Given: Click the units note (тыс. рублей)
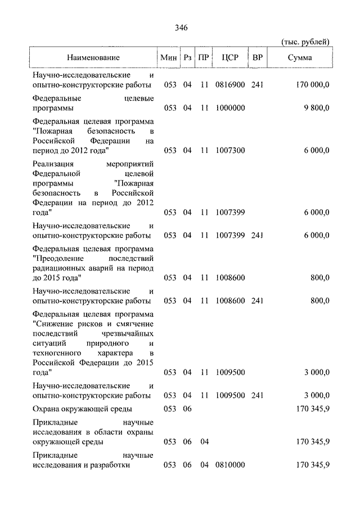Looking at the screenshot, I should click(305, 42).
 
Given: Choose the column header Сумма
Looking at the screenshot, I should click(301, 57).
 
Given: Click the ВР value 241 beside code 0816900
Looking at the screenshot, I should click(258, 85).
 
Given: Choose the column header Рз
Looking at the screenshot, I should click(188, 57).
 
